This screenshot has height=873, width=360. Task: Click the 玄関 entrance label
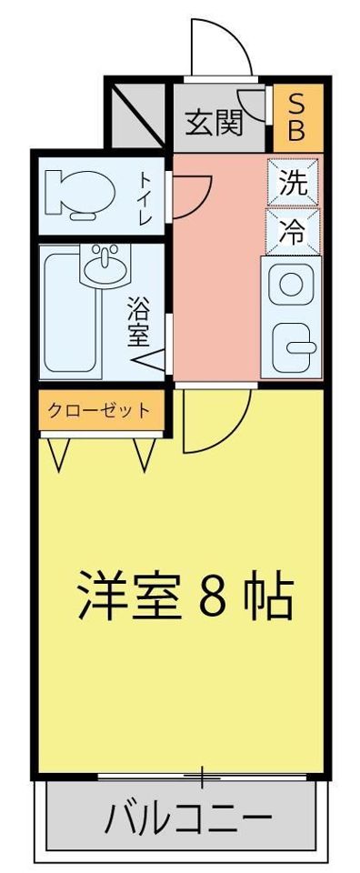[x=215, y=123]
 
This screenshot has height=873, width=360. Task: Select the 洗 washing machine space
[x=294, y=183]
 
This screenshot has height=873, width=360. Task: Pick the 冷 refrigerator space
[x=293, y=230]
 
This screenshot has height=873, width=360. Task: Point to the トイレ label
[x=145, y=199]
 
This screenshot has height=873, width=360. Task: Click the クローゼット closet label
[x=99, y=411]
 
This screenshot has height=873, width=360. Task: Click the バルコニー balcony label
[x=188, y=818]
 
